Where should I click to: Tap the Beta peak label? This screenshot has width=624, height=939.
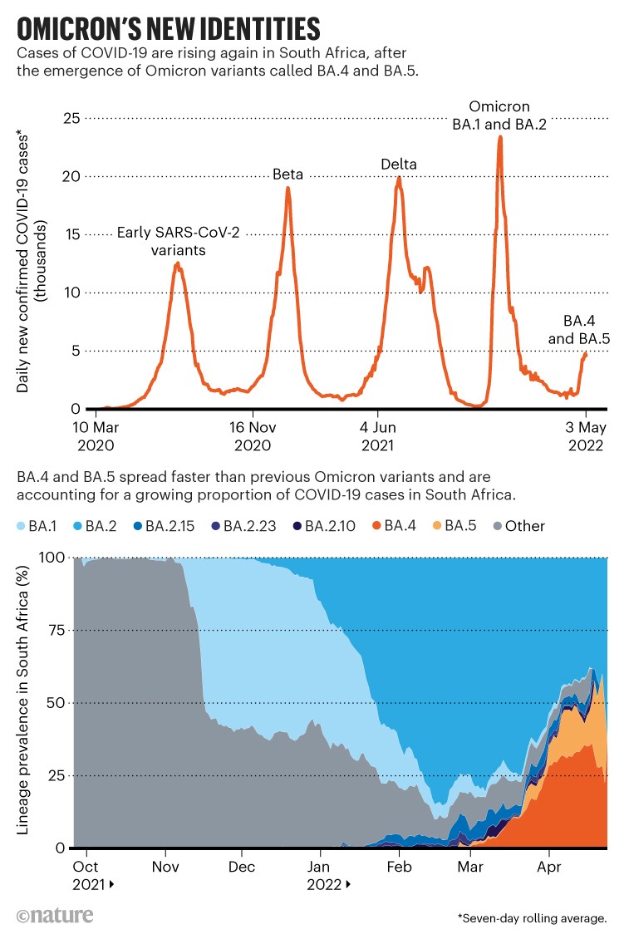[288, 175]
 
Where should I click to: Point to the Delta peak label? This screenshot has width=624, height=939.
[400, 165]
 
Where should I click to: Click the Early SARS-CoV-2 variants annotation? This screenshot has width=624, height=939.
[178, 240]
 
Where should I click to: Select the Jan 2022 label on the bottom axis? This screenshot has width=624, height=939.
[322, 877]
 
